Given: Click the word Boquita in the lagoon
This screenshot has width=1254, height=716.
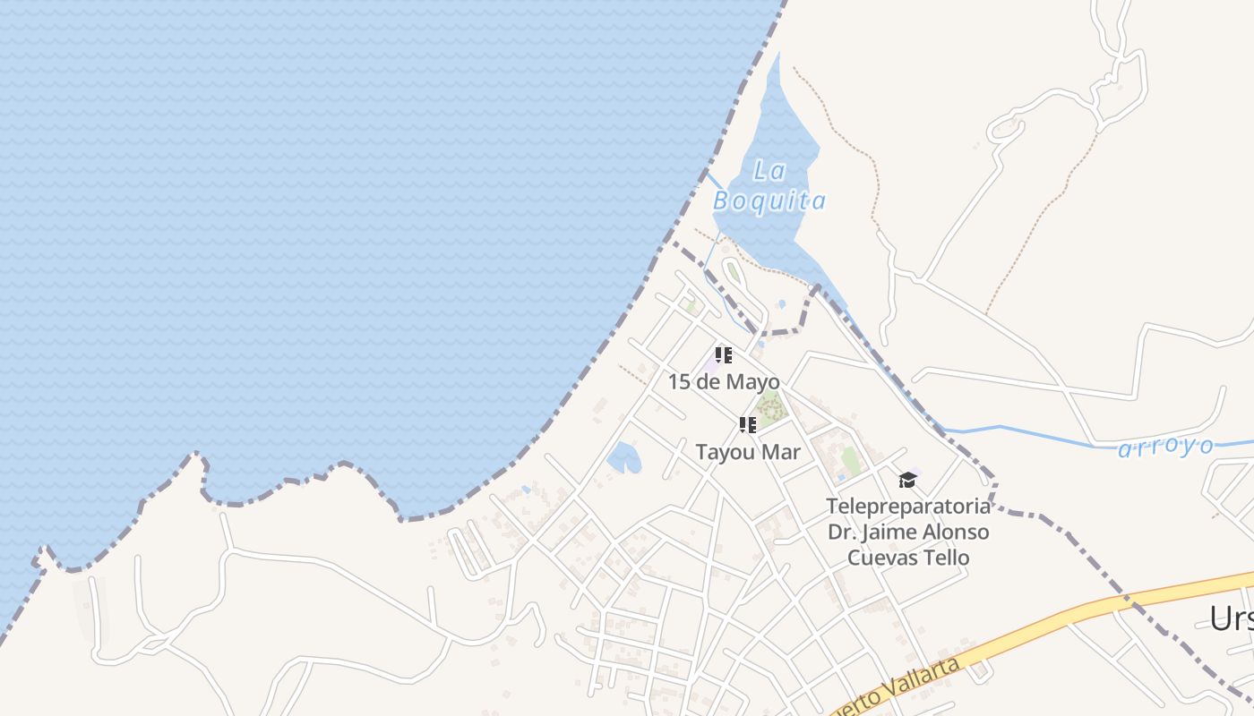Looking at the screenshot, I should (769, 201).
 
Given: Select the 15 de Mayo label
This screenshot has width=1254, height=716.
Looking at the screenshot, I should (724, 382).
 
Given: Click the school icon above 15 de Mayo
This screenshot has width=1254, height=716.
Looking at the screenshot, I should (724, 355).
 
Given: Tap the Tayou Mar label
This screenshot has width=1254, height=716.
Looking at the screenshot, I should (748, 452).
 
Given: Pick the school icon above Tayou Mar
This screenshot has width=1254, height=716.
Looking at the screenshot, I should (748, 425).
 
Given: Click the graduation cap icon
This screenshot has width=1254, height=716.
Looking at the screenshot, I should (907, 480).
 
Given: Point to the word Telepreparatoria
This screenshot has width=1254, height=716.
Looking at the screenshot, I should (908, 507).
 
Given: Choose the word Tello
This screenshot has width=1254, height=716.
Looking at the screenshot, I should (948, 558).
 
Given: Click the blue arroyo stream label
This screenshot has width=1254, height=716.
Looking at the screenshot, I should (1166, 447).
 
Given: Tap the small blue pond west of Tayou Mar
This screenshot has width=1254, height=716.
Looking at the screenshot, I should (623, 457).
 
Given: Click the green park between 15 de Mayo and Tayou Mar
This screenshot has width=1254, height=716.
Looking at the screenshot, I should (769, 407).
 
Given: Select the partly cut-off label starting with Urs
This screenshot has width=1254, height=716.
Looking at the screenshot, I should (1231, 618).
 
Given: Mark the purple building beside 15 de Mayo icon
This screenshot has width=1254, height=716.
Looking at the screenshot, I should (714, 363).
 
